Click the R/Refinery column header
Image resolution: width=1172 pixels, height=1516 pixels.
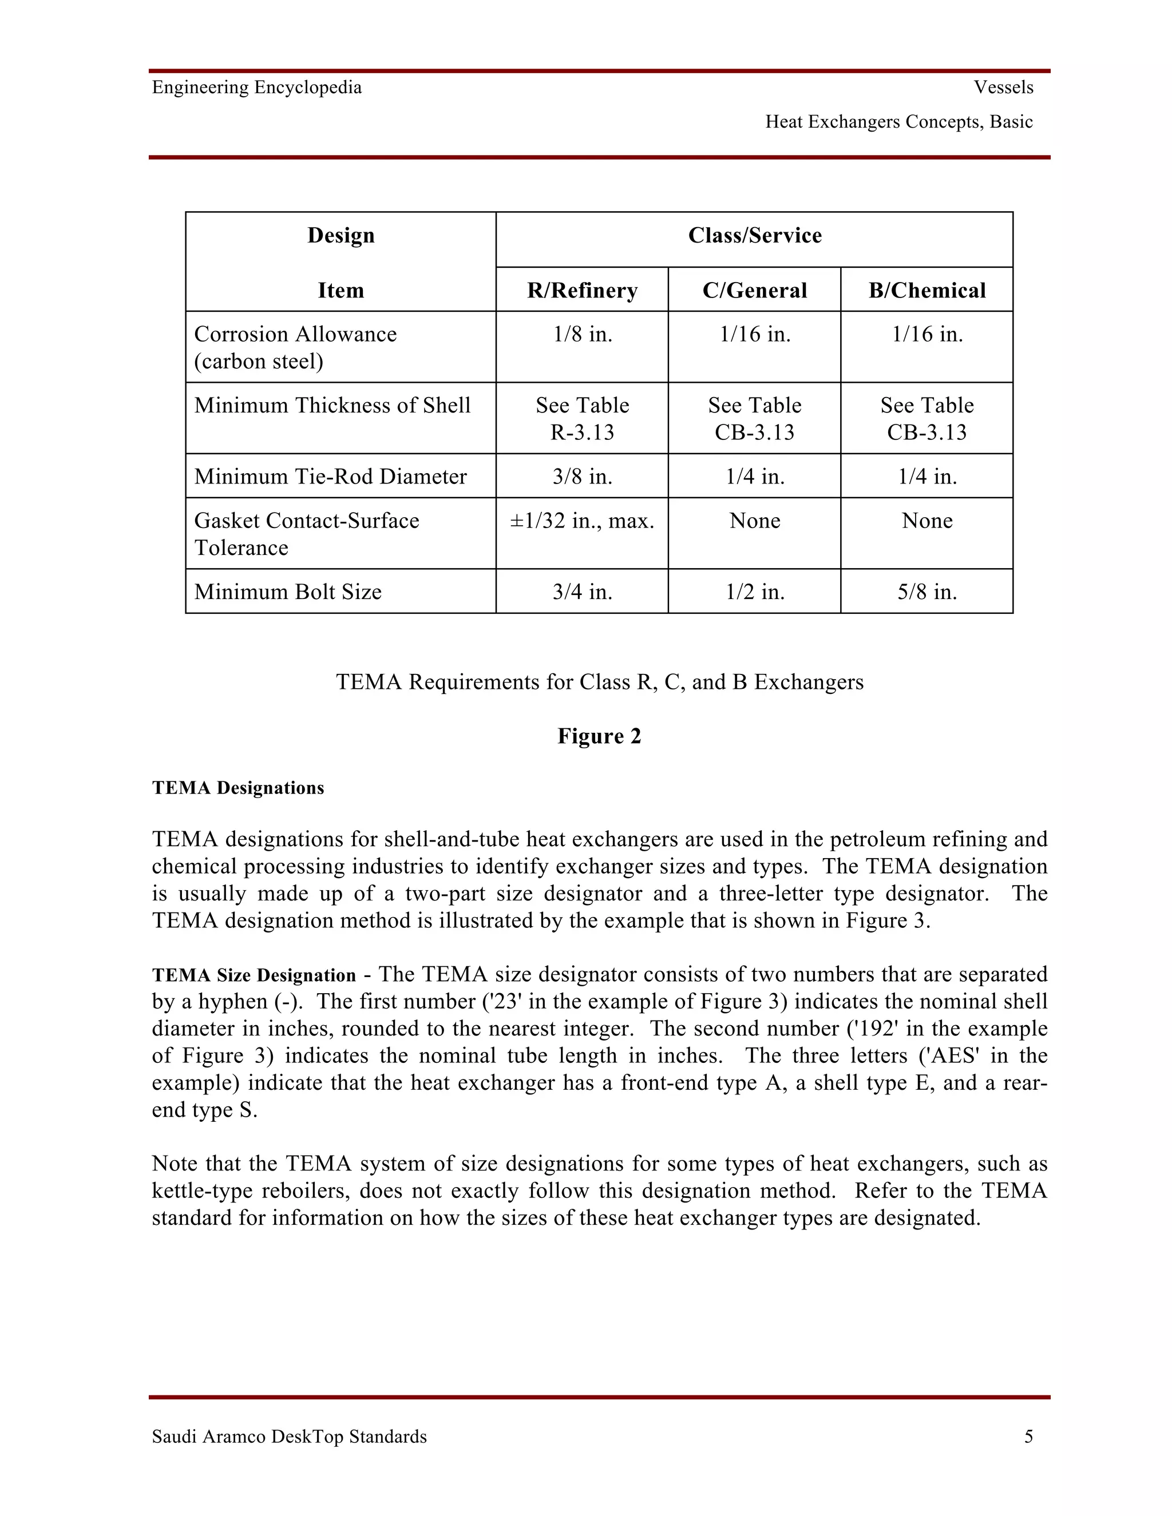coord(582,290)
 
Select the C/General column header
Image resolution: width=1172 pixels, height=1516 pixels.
coord(754,290)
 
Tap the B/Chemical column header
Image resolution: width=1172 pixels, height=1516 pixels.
coord(926,290)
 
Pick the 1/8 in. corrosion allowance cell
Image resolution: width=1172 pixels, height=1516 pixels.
coord(582,335)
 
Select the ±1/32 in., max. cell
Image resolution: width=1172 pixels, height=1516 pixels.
coord(582,521)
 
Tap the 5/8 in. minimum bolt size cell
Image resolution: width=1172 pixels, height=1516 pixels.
coord(926,592)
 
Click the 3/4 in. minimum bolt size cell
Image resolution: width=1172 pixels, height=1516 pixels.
coord(582,592)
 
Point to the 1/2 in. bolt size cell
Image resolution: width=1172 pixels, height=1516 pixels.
coord(754,592)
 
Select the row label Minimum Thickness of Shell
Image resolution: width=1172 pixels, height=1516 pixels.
coord(332,406)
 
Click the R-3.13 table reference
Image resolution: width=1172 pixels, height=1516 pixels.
coord(582,432)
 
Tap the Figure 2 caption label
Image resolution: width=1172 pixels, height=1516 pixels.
coord(599,736)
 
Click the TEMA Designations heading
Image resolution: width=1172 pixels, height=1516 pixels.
coord(238,788)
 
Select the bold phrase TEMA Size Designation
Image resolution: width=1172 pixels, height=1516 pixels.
coord(254,975)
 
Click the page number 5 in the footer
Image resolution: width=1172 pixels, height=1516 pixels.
coord(1028,1436)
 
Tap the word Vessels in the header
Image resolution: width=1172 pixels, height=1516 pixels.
coord(1003,88)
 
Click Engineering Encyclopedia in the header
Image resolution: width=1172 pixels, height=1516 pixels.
coord(257,88)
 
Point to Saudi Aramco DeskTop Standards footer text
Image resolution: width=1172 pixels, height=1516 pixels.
coord(289,1436)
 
